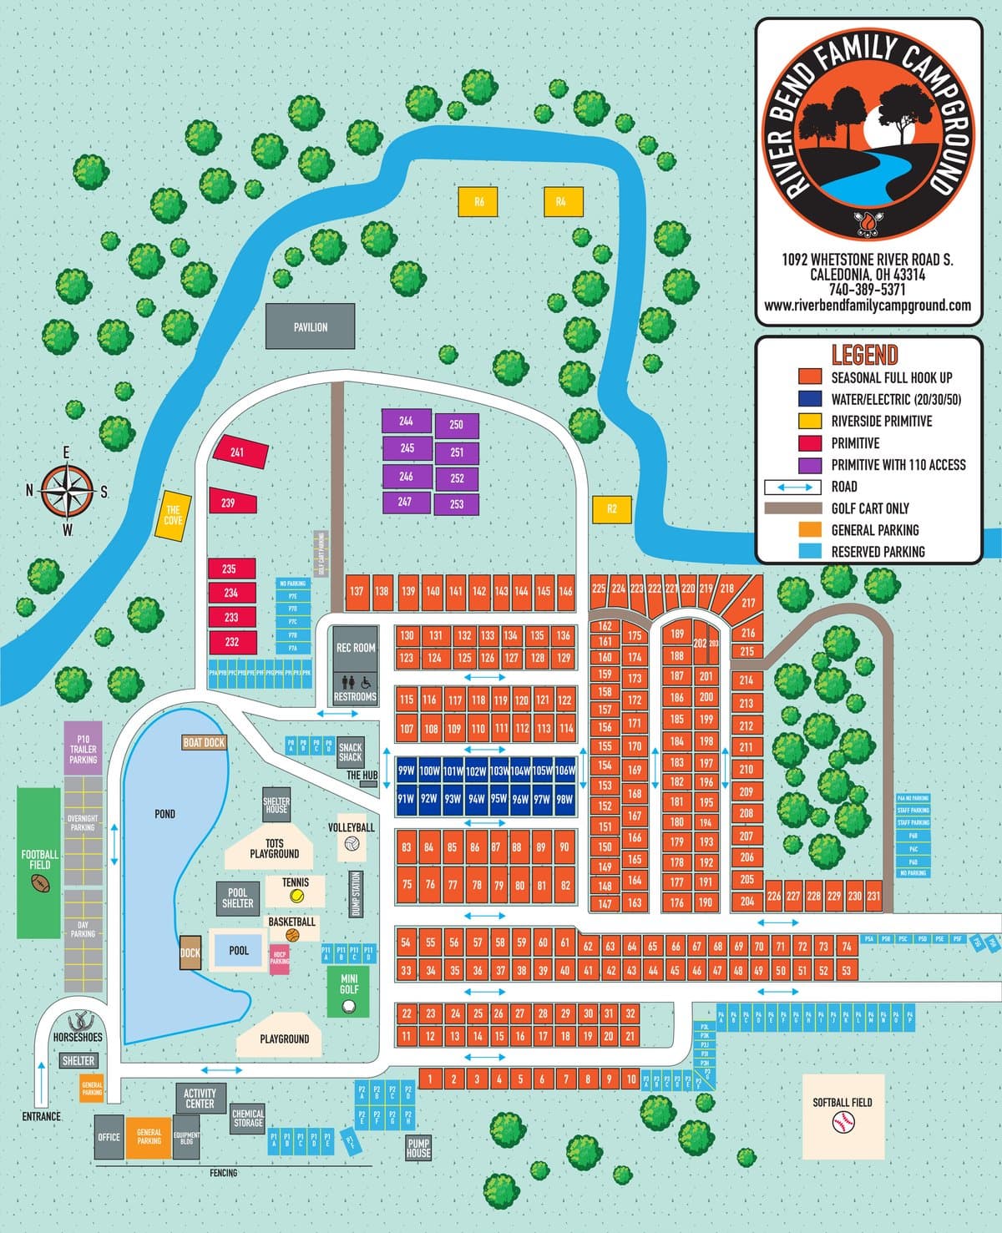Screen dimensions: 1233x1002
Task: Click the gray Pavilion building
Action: point(310,326)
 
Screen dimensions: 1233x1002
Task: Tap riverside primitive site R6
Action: point(478,202)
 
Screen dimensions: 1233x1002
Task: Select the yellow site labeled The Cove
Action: point(173,515)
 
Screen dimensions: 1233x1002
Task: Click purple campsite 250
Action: point(456,425)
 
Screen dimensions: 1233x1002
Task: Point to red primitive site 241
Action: point(240,452)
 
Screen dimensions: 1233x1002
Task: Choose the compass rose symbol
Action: point(68,490)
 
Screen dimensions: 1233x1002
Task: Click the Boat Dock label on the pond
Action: point(204,742)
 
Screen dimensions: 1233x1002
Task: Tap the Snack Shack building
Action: point(350,752)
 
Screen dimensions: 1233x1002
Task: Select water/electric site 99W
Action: point(406,771)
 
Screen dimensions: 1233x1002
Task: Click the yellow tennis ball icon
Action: point(296,896)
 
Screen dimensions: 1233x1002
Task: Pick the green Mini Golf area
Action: point(348,992)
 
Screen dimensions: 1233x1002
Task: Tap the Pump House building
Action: point(418,1148)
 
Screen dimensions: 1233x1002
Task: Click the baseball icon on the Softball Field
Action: point(842,1124)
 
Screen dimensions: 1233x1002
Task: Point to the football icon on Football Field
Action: point(39,882)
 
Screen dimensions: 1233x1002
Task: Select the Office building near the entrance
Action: point(109,1137)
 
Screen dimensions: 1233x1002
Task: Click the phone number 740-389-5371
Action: point(867,290)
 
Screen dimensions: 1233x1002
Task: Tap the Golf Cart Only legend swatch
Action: point(793,508)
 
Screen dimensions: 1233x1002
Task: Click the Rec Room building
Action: point(356,648)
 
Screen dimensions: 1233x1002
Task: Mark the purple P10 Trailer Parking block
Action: point(83,749)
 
